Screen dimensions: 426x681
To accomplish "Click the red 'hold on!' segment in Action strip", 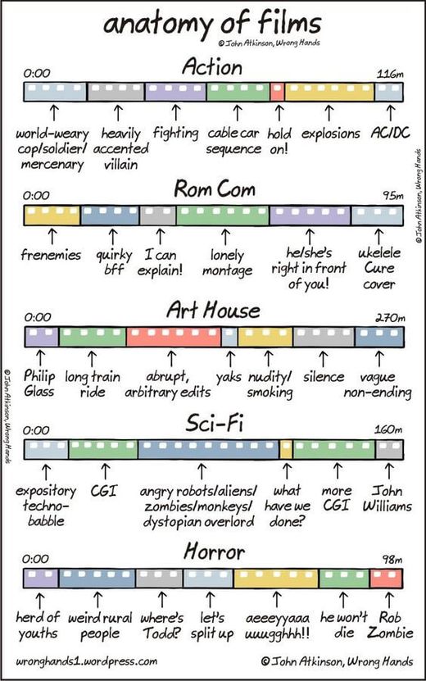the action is click(x=278, y=92).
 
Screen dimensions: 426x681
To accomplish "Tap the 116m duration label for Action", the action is click(x=389, y=74).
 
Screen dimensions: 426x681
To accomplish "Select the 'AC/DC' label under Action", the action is click(x=391, y=133).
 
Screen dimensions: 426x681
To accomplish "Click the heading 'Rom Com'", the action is click(x=215, y=189).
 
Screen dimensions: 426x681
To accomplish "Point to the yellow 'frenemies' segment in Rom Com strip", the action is click(x=52, y=216).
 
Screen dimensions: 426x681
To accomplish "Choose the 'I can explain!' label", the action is click(x=161, y=262).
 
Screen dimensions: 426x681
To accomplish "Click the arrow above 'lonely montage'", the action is click(x=225, y=237).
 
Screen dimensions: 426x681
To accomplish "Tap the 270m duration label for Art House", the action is click(x=389, y=318).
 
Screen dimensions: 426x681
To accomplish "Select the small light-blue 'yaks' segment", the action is click(x=229, y=337).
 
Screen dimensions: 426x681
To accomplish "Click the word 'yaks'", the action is click(x=229, y=377).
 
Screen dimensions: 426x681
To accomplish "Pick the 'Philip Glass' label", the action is click(x=39, y=384).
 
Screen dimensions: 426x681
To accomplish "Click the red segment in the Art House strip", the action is click(x=174, y=337).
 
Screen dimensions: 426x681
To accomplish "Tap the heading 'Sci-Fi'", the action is click(x=214, y=423).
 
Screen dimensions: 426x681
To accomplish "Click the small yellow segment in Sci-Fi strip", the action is click(x=286, y=450).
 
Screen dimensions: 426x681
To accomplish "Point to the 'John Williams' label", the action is click(x=387, y=498).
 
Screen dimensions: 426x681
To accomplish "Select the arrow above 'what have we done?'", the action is click(x=287, y=471).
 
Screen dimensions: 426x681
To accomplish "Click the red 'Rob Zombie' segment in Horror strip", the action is click(x=386, y=579).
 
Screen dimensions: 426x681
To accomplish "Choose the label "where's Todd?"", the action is click(x=161, y=625).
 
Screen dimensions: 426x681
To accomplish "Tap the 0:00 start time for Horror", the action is click(x=36, y=559).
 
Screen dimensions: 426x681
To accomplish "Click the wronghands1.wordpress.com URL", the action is click(x=86, y=661).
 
